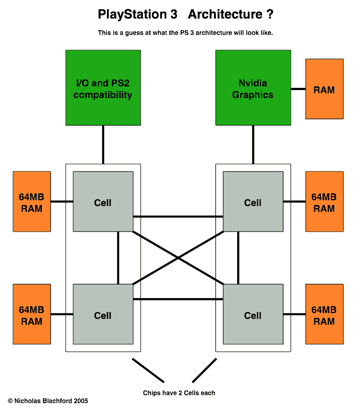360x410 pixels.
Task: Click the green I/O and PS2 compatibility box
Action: pyautogui.click(x=103, y=87)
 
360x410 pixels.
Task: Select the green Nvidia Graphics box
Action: pyautogui.click(x=253, y=87)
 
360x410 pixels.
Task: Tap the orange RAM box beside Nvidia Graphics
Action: pyautogui.click(x=324, y=89)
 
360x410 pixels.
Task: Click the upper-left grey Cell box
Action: pyautogui.click(x=103, y=201)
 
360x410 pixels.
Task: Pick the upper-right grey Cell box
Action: pyautogui.click(x=253, y=201)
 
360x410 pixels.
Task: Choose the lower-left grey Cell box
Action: pyautogui.click(x=103, y=314)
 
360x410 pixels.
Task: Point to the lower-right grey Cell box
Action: pyautogui.click(x=253, y=314)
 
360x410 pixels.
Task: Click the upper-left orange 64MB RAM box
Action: pyautogui.click(x=32, y=201)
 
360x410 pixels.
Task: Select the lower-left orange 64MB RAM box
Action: pyautogui.click(x=32, y=314)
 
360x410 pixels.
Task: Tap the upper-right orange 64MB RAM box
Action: pyautogui.click(x=324, y=201)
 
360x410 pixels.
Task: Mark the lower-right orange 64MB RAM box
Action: pyautogui.click(x=324, y=314)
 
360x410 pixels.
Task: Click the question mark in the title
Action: pyautogui.click(x=270, y=15)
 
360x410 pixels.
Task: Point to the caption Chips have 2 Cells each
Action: pyautogui.click(x=179, y=393)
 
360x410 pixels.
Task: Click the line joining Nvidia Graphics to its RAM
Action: pyautogui.click(x=298, y=89)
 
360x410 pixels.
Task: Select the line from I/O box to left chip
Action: pyautogui.click(x=103, y=144)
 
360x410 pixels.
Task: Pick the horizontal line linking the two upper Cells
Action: pyautogui.click(x=178, y=216)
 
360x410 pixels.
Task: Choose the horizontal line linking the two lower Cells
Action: pyautogui.click(x=178, y=299)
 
